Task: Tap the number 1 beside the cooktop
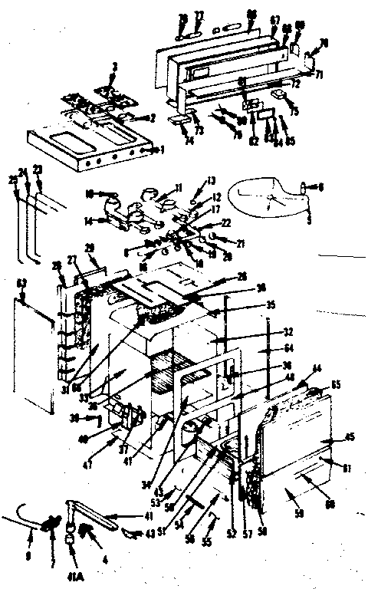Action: [x=162, y=150]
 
